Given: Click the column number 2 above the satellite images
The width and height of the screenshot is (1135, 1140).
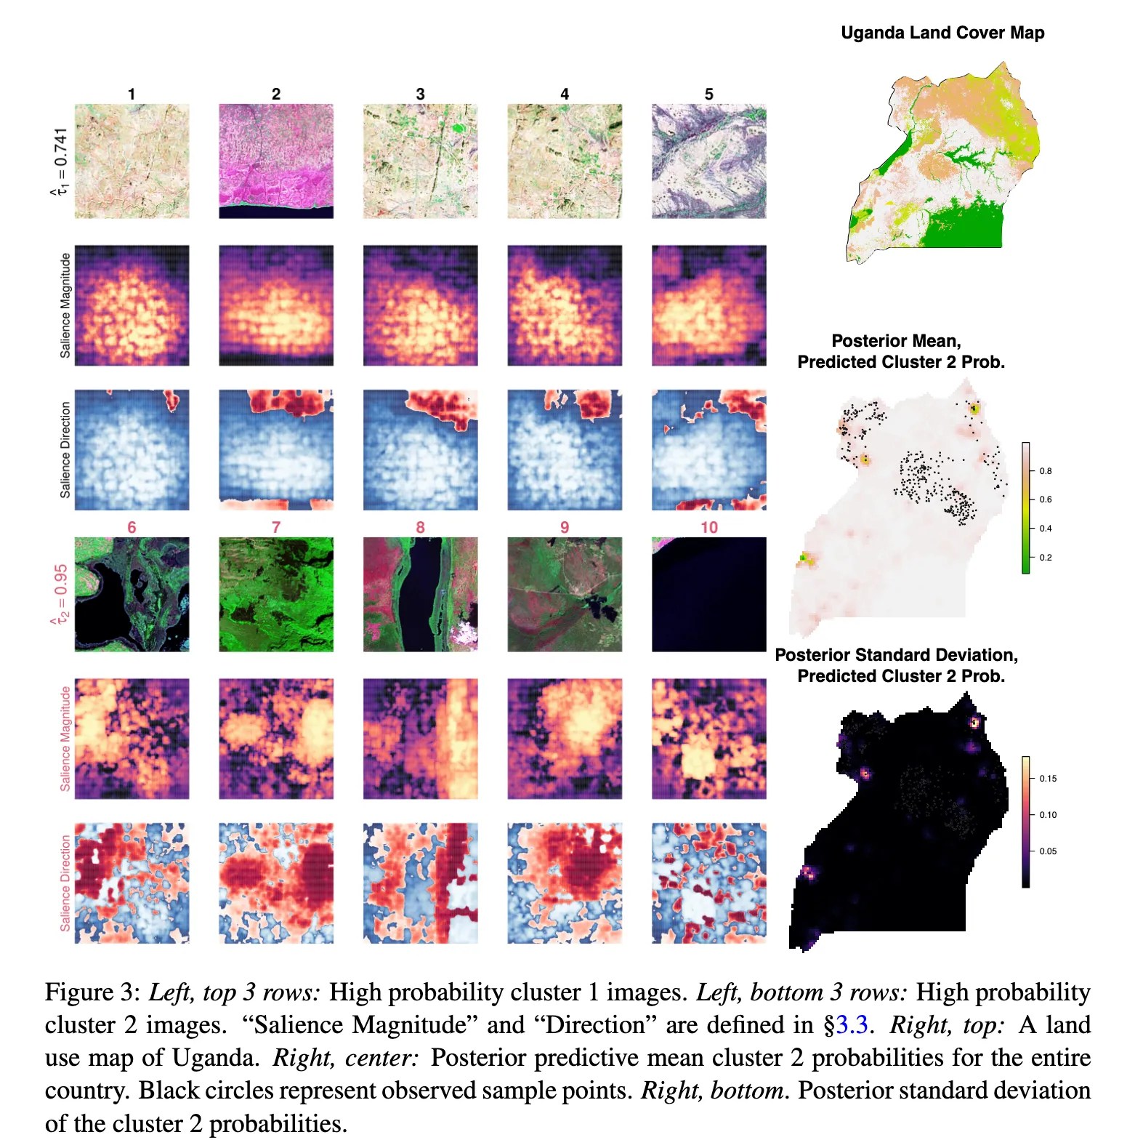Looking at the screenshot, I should [x=276, y=94].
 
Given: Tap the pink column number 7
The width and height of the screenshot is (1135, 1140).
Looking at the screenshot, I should [x=276, y=527].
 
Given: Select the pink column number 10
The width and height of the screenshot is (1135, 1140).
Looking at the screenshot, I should [x=709, y=527].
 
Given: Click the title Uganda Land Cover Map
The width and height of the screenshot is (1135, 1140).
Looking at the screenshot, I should [x=942, y=33].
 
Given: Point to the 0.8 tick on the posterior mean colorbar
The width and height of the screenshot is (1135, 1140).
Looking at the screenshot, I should [x=1045, y=471].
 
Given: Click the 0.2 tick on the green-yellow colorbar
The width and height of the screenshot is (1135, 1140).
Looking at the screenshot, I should [x=1045, y=558].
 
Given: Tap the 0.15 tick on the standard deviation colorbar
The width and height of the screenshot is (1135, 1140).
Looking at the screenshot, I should [x=1048, y=779].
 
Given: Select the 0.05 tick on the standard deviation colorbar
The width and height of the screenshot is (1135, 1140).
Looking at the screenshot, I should [x=1048, y=851].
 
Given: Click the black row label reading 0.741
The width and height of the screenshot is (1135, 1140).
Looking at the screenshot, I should [x=61, y=161].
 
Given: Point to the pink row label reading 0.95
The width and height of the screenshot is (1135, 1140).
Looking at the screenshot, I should [x=61, y=594].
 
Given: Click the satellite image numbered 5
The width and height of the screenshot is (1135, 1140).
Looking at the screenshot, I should [x=709, y=161].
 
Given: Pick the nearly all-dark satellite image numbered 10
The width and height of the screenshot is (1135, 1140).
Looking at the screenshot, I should [x=709, y=594].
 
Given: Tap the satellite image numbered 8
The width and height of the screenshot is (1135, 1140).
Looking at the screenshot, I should [x=421, y=594].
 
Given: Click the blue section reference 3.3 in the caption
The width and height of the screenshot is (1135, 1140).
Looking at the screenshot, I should [x=852, y=1024].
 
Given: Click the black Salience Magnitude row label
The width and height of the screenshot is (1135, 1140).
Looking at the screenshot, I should [x=65, y=305].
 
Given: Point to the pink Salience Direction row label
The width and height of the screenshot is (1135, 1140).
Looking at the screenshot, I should [x=65, y=883].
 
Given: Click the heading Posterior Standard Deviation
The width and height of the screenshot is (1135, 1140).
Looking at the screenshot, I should [x=896, y=655].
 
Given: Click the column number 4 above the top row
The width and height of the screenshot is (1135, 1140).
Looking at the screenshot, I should [x=565, y=94].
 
